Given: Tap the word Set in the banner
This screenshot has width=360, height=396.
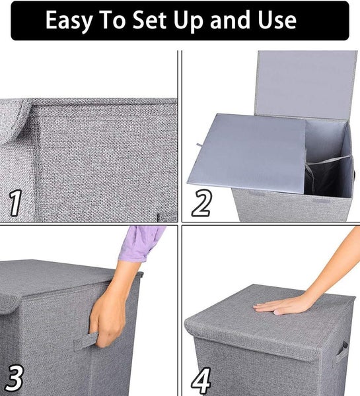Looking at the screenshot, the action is (149, 20).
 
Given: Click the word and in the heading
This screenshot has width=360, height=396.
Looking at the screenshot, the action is (232, 20).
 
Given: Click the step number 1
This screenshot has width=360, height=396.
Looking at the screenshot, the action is (15, 203).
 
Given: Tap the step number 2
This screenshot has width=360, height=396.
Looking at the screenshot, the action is (201, 203).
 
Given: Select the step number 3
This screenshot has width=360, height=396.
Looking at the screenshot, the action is (14, 378).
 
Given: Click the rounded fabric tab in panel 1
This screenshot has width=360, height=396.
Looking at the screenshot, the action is (14, 121).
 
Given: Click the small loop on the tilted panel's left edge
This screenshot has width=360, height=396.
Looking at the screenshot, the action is (199, 145).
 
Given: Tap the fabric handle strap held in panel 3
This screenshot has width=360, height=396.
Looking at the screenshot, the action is (85, 341).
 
